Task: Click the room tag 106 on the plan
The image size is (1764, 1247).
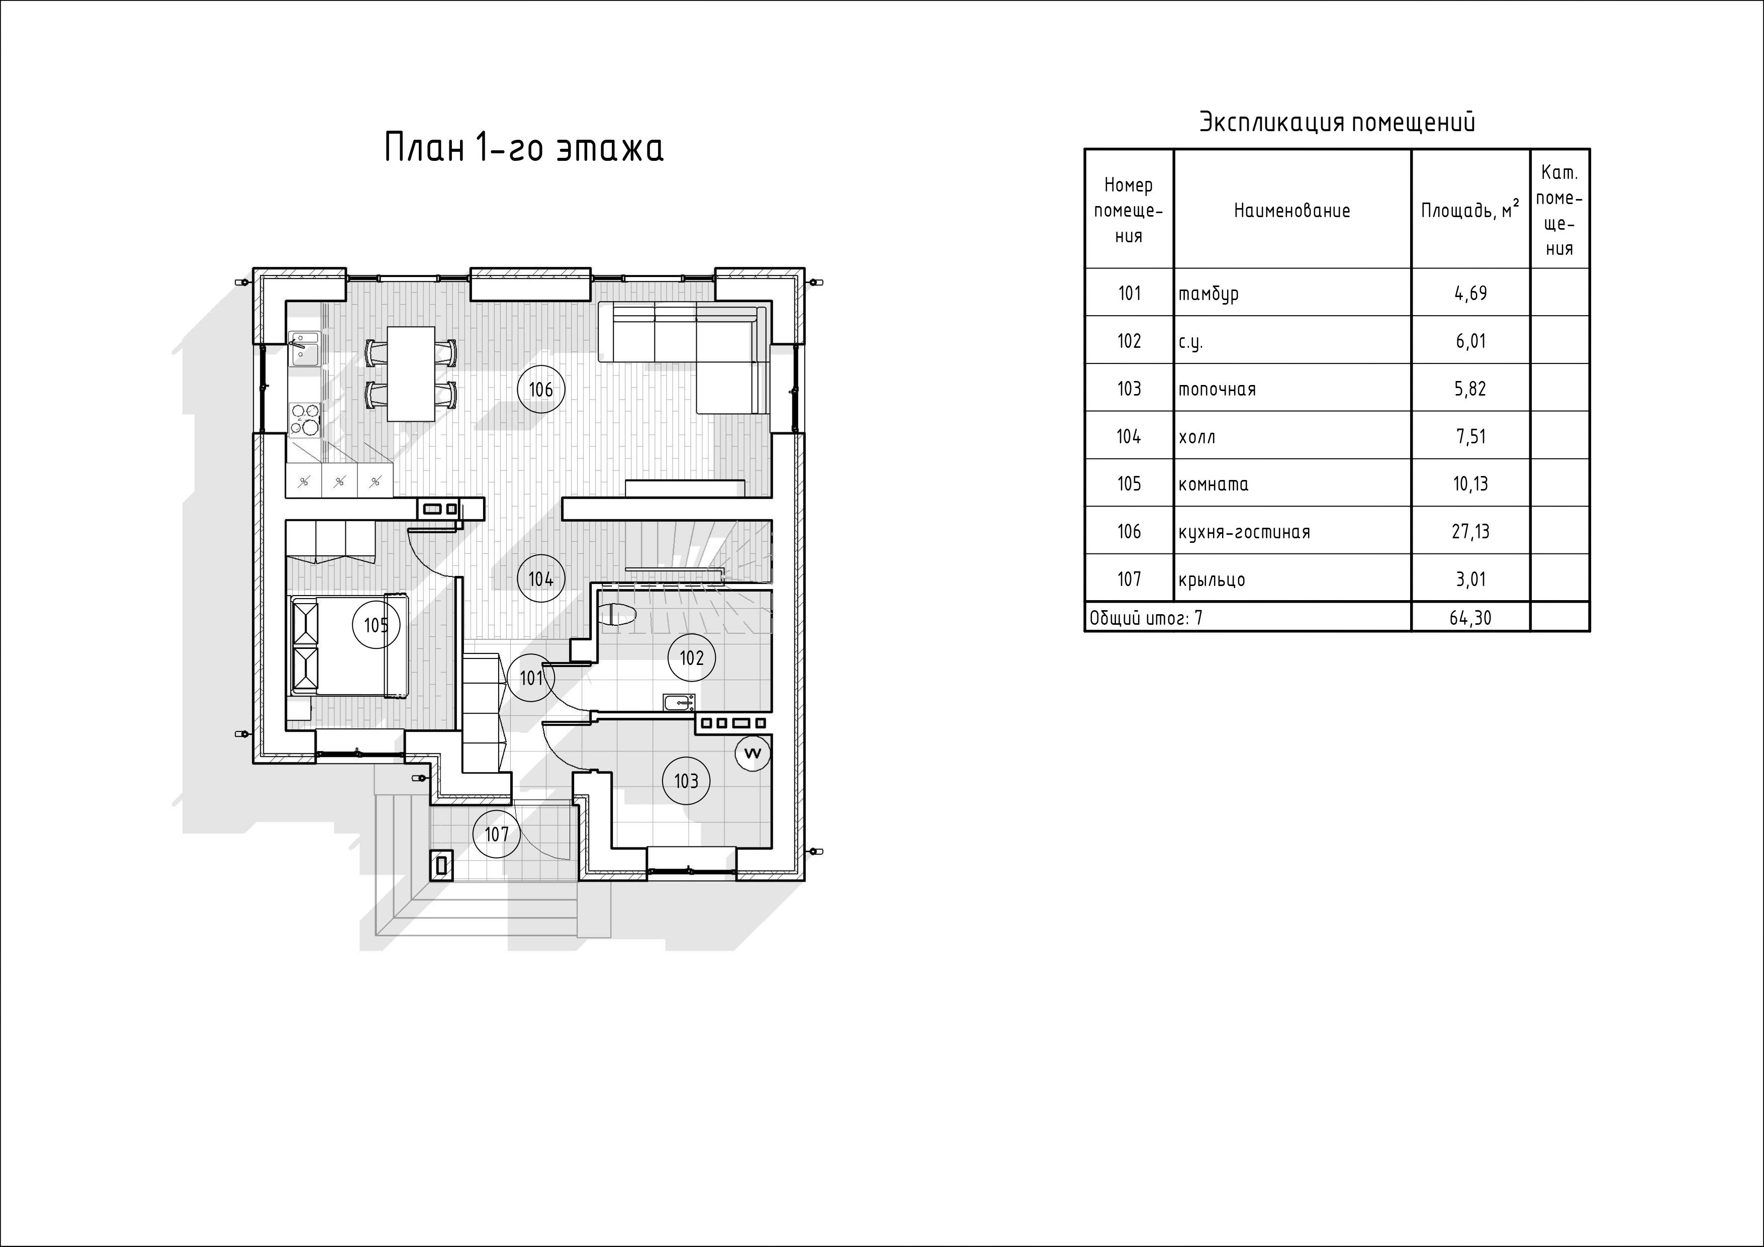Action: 541,390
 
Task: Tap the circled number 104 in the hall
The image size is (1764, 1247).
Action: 541,579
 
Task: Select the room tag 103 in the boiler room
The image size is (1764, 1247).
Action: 686,781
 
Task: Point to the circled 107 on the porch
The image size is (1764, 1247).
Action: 496,834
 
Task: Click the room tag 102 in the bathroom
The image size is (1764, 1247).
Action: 691,658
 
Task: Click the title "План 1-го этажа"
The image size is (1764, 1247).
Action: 523,148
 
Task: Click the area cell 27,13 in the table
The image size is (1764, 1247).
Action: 1470,531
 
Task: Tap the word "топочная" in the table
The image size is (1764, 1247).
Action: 1217,389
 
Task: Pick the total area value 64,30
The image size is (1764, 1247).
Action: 1470,618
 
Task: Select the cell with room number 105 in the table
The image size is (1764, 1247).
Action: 1129,484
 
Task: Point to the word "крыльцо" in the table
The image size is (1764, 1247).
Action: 1212,580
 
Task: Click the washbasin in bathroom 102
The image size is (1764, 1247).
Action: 679,702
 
